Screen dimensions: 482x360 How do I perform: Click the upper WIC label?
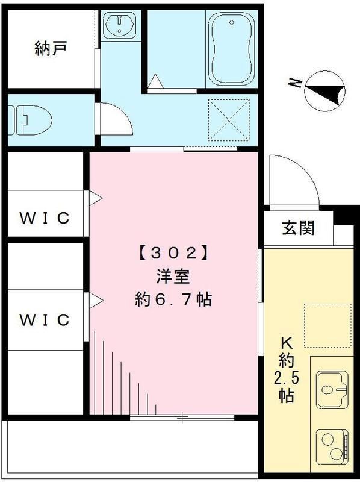pyautogui.click(x=45, y=218)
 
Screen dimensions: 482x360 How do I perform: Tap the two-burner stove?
pyautogui.click(x=332, y=445)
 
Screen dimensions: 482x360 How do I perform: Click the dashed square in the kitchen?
pyautogui.click(x=326, y=325)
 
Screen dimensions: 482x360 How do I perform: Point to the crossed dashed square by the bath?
pyautogui.click(x=229, y=119)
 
